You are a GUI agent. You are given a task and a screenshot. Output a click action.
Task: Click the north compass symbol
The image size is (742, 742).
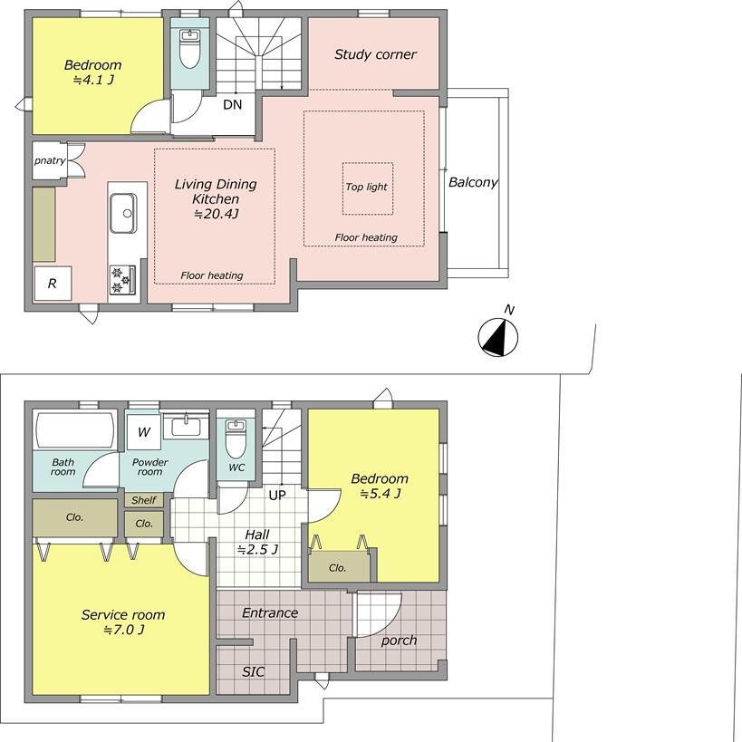tap(497, 337)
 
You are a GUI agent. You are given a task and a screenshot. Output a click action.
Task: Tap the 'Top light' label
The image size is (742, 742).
tap(366, 187)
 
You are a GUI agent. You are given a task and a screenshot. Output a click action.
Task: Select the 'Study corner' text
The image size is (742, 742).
tap(375, 54)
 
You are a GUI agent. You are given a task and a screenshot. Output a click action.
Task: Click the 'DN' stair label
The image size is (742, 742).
tap(232, 104)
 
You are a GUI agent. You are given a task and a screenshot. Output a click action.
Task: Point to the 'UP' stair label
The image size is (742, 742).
tap(277, 496)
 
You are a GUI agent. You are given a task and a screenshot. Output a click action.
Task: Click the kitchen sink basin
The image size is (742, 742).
tap(123, 213)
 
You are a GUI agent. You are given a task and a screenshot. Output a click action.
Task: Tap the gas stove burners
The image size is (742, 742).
tap(122, 280)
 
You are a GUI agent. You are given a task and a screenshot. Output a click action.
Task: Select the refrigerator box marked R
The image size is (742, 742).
tap(53, 283)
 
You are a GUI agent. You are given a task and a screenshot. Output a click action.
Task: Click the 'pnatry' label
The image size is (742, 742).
tap(50, 161)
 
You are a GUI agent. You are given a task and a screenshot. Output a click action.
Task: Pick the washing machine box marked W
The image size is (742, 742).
tap(144, 432)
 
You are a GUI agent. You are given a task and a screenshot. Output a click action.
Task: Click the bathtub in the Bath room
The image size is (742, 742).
tap(75, 430)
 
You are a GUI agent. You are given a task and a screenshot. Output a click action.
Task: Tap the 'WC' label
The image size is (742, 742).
tap(236, 467)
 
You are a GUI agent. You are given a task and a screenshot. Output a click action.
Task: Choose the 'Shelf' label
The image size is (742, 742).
tap(144, 500)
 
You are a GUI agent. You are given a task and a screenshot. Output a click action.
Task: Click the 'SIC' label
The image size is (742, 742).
tap(253, 672)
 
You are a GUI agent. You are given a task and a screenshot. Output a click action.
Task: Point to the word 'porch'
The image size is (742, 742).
tap(399, 641)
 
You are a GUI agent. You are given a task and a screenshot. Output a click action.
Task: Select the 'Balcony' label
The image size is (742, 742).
tap(473, 182)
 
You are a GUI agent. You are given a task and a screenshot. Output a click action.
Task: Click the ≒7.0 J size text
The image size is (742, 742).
tap(123, 630)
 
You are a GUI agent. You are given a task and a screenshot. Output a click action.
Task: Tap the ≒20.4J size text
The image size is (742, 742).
tap(216, 214)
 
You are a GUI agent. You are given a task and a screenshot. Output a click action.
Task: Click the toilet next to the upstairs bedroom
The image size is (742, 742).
tap(189, 49)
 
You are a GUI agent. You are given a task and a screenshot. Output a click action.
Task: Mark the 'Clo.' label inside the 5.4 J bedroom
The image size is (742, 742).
tap(337, 567)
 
